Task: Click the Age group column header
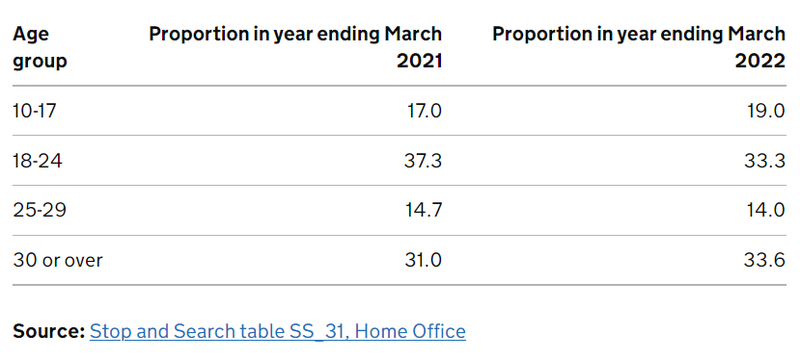(40, 47)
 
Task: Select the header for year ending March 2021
(295, 47)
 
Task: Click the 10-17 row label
(37, 110)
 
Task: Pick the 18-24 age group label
(38, 160)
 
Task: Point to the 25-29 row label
(39, 210)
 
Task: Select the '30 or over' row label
(58, 260)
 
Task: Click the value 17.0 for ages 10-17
(421, 110)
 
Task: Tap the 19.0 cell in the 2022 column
(765, 110)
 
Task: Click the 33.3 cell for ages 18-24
(764, 160)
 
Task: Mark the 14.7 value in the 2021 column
(421, 210)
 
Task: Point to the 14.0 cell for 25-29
(765, 210)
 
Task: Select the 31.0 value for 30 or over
(421, 260)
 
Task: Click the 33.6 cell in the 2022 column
(764, 260)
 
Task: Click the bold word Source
(47, 330)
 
